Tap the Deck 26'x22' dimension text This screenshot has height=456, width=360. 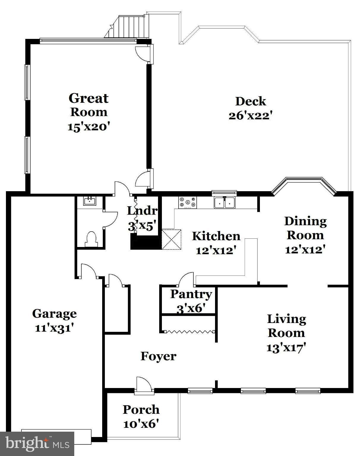coord(250,115)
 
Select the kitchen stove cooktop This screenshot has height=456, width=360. coord(187,202)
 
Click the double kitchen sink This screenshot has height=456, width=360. coord(225,202)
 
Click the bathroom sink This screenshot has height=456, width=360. coord(89,201)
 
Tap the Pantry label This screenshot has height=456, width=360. coord(191,294)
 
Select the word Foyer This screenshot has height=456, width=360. coord(158,356)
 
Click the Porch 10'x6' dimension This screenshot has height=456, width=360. coord(141,424)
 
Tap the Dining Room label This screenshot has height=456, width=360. coord(305,228)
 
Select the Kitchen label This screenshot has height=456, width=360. coord(216,236)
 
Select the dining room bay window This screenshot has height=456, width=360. coord(304,186)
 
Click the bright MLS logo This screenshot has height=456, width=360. coord(37,444)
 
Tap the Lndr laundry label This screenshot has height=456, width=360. coord(142,211)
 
